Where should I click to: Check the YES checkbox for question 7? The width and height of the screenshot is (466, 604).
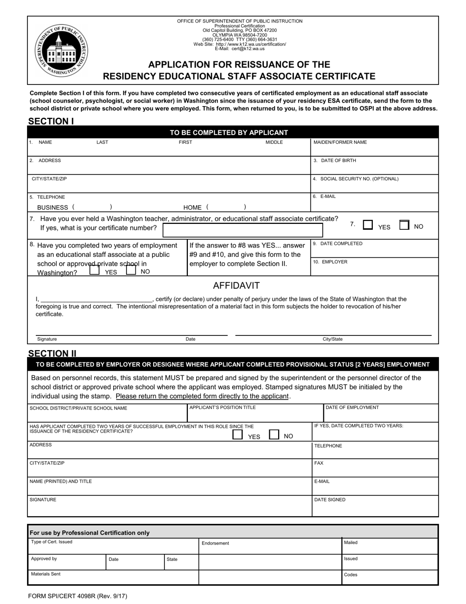click(367, 225)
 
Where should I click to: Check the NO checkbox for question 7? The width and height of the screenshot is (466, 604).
click(404, 225)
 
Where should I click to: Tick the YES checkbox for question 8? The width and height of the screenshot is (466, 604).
click(94, 270)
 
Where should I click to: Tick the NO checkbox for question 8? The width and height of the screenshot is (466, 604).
click(131, 270)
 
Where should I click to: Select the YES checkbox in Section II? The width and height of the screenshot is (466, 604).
click(237, 435)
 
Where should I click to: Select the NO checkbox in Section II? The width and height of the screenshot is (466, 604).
click(274, 435)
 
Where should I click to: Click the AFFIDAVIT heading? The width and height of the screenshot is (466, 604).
click(236, 286)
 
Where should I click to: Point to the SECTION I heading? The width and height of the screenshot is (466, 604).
click(51, 121)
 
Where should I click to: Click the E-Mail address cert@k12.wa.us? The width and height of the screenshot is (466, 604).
click(239, 49)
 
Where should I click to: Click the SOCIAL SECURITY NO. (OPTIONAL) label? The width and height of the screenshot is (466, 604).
click(356, 179)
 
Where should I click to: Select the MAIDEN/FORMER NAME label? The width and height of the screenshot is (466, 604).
click(340, 142)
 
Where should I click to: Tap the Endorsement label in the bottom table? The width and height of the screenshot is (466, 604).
click(215, 543)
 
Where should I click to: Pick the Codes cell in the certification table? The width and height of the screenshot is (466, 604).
click(351, 575)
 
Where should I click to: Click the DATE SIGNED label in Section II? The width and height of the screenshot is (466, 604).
click(330, 500)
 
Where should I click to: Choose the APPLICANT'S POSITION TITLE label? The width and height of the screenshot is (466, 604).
click(223, 408)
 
